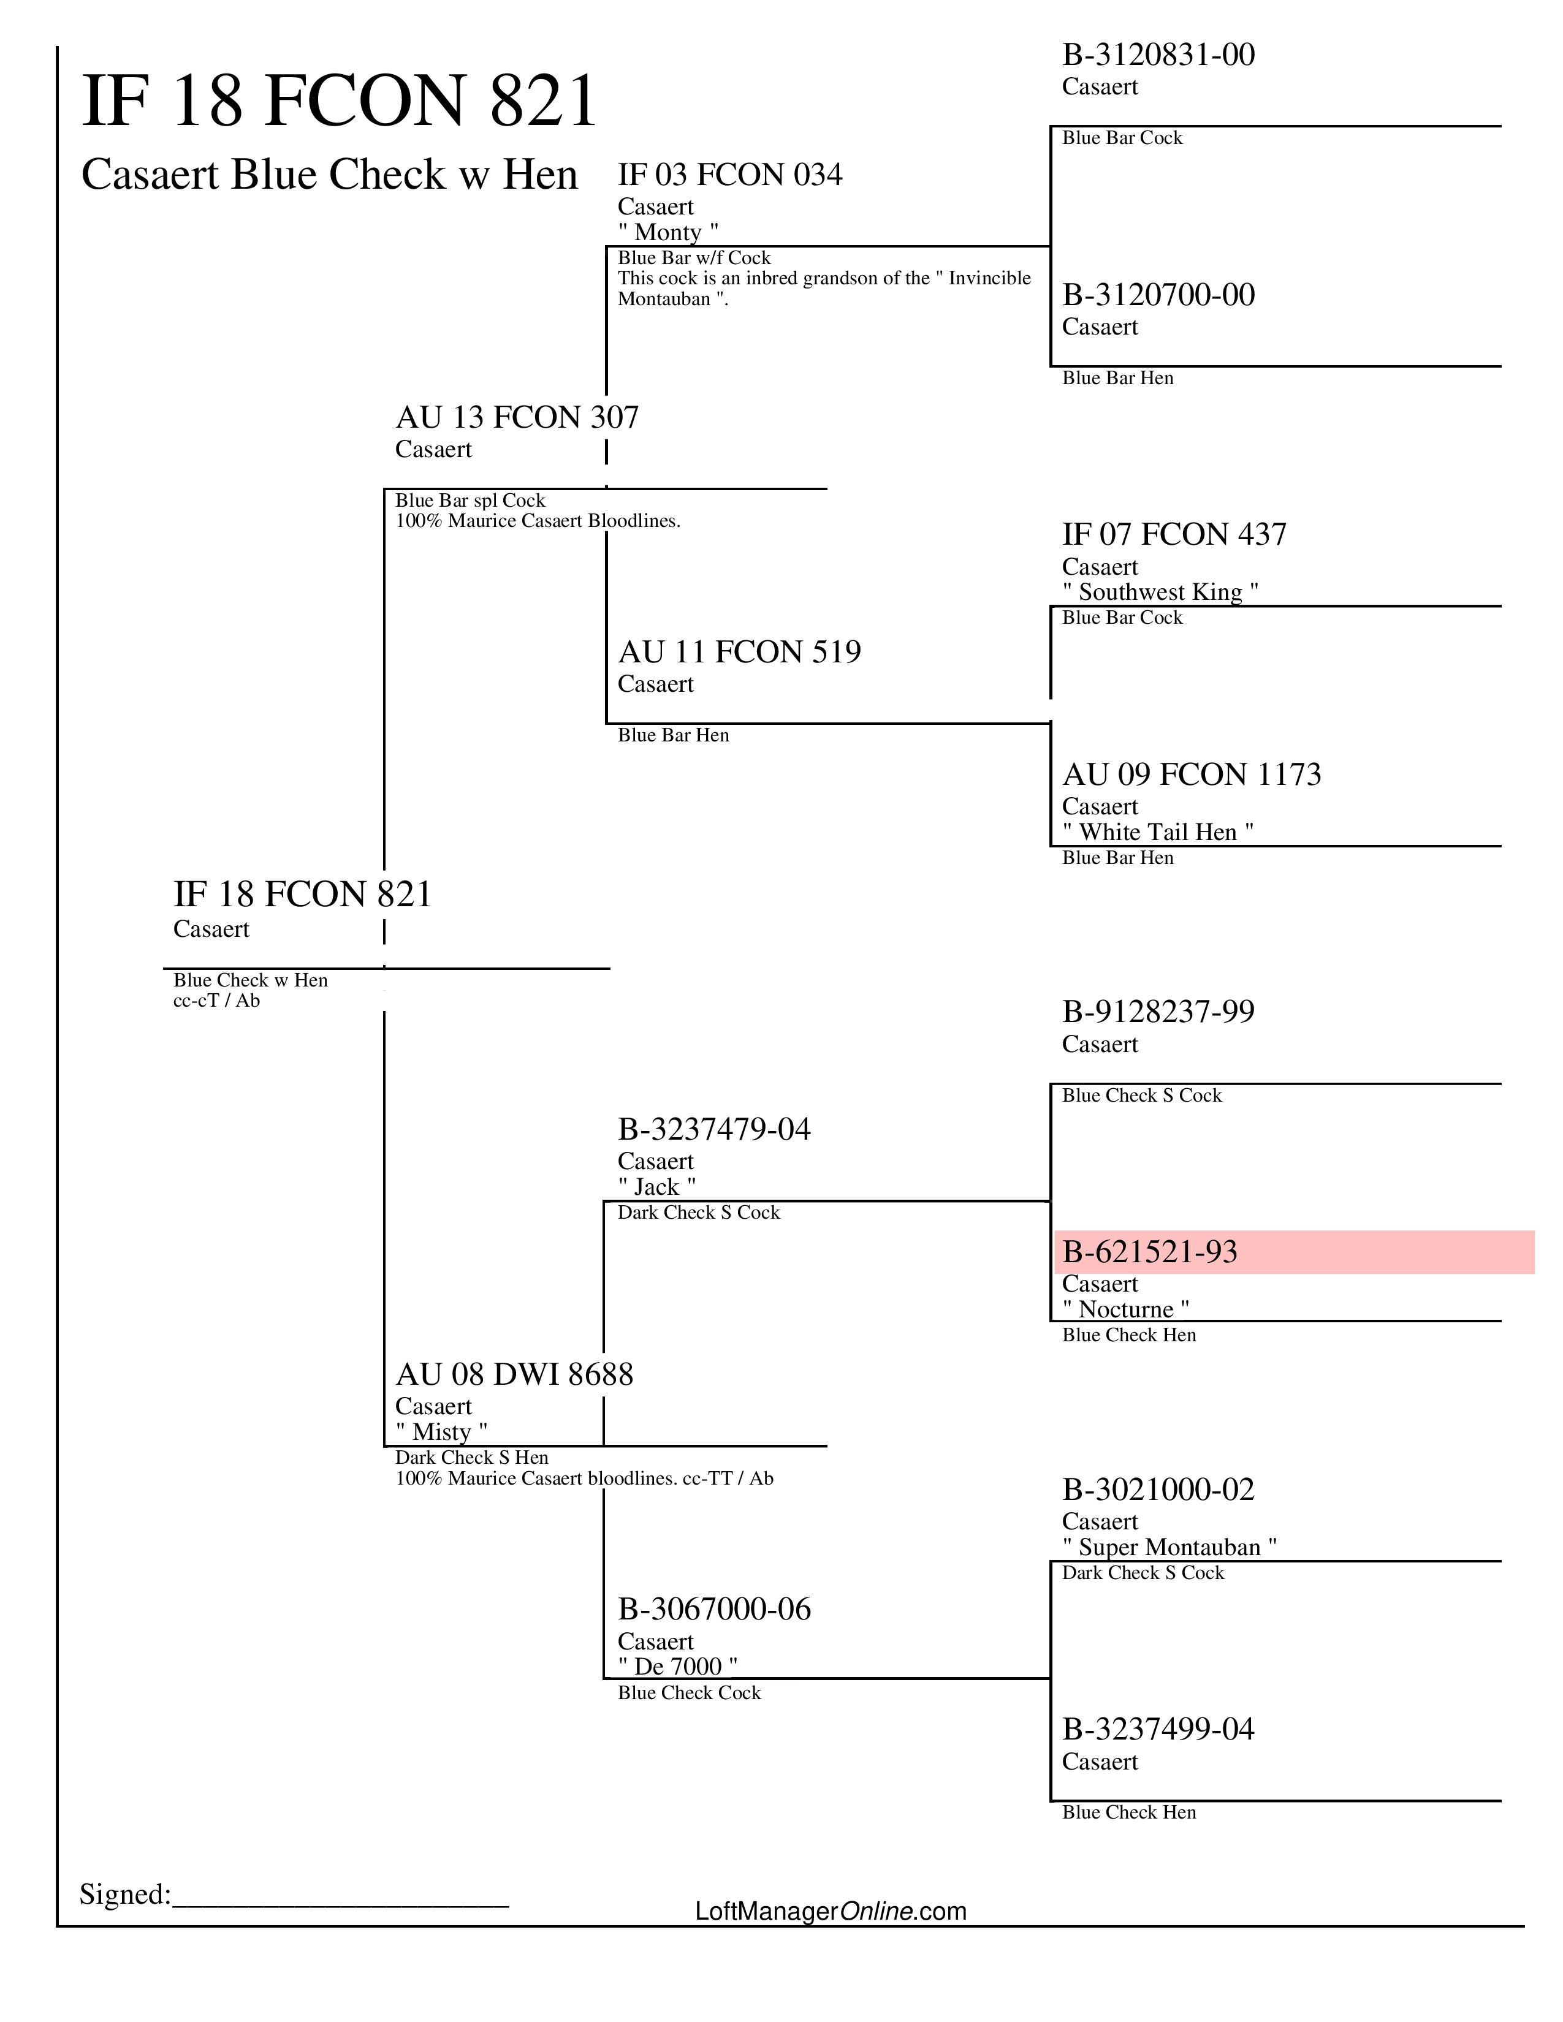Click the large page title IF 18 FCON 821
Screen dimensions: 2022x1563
pos(339,101)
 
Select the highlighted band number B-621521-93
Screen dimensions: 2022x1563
pos(1149,1252)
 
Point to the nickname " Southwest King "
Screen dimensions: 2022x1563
pos(1159,592)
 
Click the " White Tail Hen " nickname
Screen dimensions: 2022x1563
pos(1157,831)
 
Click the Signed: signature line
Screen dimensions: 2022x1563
pos(341,1895)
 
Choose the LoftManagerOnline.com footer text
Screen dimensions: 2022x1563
pos(831,1911)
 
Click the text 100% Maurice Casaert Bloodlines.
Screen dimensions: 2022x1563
pos(537,521)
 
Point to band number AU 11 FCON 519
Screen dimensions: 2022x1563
pos(739,652)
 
